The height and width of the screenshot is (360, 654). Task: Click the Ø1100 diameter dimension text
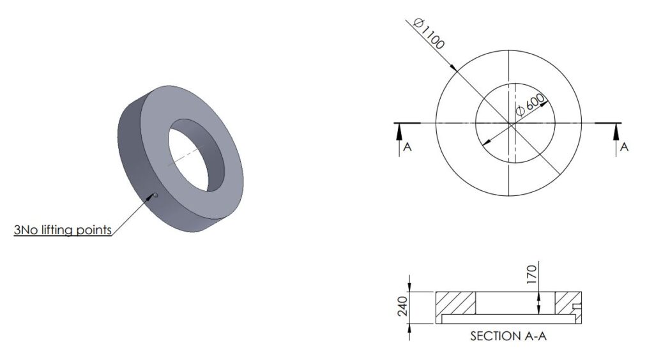point(429,33)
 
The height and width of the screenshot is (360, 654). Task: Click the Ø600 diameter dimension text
point(530,105)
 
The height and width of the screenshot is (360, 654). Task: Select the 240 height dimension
point(402,306)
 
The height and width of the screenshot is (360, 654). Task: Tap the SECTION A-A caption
point(508,336)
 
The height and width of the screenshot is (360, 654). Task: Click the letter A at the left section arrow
point(407,147)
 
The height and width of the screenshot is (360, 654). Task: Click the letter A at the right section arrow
point(624,147)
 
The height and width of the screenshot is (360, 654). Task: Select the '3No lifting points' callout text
point(63,230)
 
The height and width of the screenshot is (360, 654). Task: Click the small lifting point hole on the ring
point(156,195)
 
